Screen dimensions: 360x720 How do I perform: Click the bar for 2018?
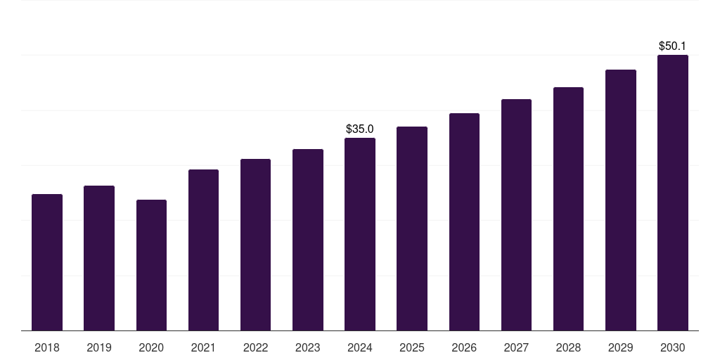click(47, 262)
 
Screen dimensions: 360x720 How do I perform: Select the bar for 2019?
click(99, 258)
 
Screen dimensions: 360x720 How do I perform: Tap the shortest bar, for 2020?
click(151, 265)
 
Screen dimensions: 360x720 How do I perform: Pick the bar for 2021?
click(203, 250)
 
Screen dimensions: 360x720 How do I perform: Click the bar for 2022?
click(255, 245)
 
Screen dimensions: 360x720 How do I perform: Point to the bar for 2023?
click(308, 240)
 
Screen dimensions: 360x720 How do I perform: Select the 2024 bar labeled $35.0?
click(360, 234)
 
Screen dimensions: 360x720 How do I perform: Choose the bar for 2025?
click(412, 229)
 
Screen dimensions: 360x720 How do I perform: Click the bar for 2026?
click(464, 221)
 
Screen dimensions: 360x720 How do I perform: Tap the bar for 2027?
click(516, 214)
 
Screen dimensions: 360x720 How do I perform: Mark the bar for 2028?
click(568, 209)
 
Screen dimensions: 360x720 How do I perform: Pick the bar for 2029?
click(621, 200)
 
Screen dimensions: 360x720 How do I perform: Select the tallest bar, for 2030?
click(673, 193)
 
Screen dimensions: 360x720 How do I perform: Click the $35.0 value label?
click(360, 129)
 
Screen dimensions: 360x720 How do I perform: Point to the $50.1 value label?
click(673, 46)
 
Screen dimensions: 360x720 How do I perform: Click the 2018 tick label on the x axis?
click(47, 347)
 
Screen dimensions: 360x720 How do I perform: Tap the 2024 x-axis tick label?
click(360, 347)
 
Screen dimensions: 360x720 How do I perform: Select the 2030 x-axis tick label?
click(673, 347)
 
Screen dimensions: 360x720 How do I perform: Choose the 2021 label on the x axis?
click(203, 347)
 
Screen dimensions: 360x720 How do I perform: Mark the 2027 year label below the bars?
click(516, 347)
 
